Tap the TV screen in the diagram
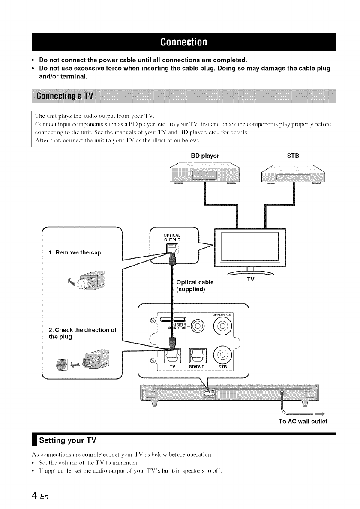[x=249, y=249]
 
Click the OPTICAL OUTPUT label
[x=172, y=237]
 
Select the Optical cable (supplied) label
[x=195, y=286]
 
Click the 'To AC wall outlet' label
[x=303, y=421]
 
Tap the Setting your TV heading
[x=68, y=440]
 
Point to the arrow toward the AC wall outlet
[x=319, y=414]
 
